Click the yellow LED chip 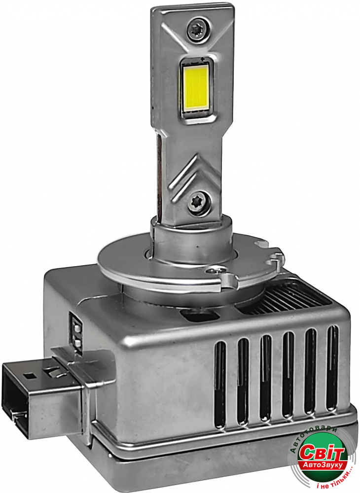pos(196,87)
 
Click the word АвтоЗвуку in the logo pos(324,464)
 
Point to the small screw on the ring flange pos(218,269)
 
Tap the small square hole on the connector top pos(30,375)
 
